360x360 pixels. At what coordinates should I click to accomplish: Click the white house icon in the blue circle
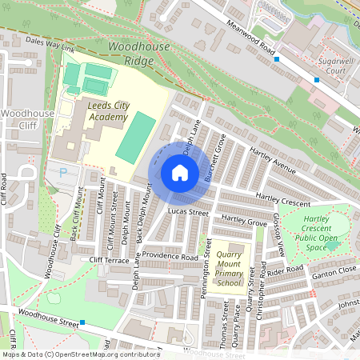[180, 173]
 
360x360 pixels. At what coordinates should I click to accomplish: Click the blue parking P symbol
[64, 171]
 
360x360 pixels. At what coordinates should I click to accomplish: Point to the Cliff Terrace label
[110, 261]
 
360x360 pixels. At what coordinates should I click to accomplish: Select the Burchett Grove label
[214, 158]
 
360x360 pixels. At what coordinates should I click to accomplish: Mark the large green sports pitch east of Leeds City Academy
[135, 137]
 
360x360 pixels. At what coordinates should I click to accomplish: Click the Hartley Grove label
[244, 219]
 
